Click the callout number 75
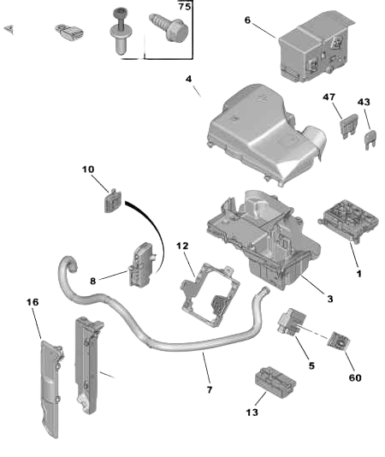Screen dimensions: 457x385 183,6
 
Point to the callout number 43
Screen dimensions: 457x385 364,102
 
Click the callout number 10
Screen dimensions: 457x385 88,169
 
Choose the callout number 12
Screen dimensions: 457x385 182,246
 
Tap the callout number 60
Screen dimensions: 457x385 353,377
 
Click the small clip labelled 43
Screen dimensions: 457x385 370,134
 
